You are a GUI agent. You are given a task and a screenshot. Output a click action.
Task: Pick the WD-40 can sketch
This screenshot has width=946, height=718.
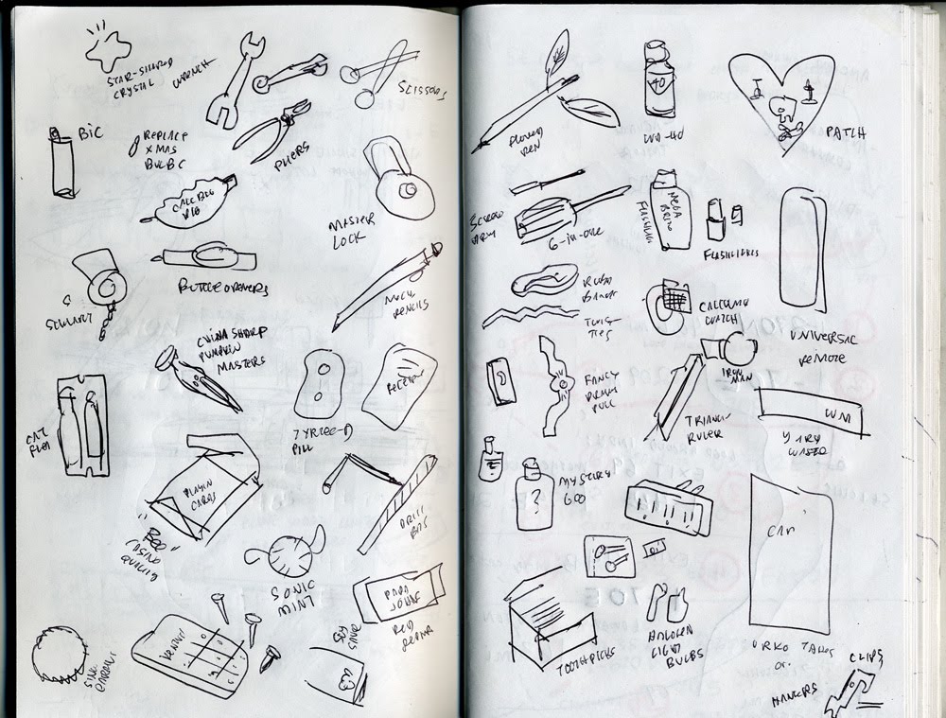658,79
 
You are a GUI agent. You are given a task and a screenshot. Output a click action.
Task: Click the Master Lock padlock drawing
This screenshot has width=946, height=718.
402,181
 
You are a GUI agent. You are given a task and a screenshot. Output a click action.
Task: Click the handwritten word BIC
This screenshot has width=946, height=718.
90,133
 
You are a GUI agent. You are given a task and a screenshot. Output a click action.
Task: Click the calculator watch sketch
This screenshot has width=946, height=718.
670,306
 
